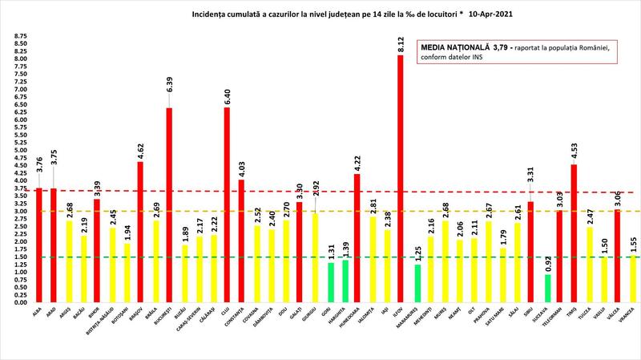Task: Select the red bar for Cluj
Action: (227, 204)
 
